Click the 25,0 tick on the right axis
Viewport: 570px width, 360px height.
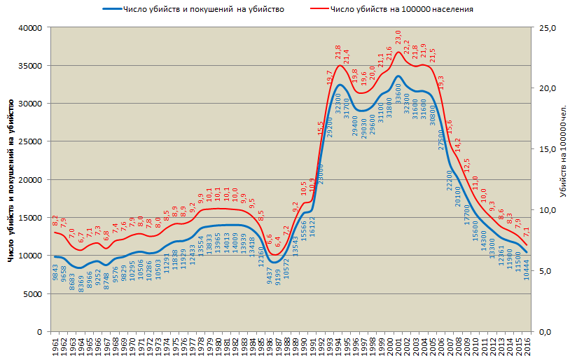pyautogui.click(x=546, y=28)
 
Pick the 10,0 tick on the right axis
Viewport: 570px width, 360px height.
pyautogui.click(x=546, y=210)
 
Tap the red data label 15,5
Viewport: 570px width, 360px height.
pyautogui.click(x=321, y=127)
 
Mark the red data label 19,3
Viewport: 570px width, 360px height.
pyautogui.click(x=440, y=83)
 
